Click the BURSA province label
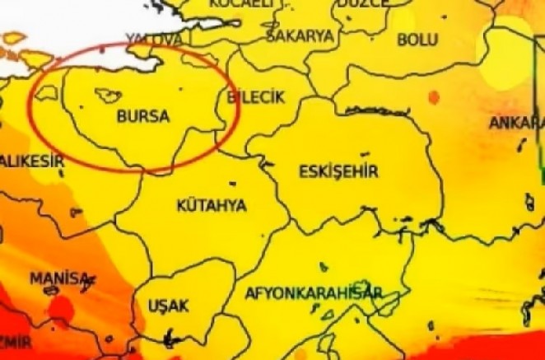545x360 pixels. tap(143, 117)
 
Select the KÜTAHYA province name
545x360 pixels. tap(211, 205)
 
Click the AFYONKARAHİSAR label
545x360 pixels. tap(312, 293)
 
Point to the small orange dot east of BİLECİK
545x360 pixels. tap(433, 98)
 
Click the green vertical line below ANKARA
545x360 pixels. tap(541, 165)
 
